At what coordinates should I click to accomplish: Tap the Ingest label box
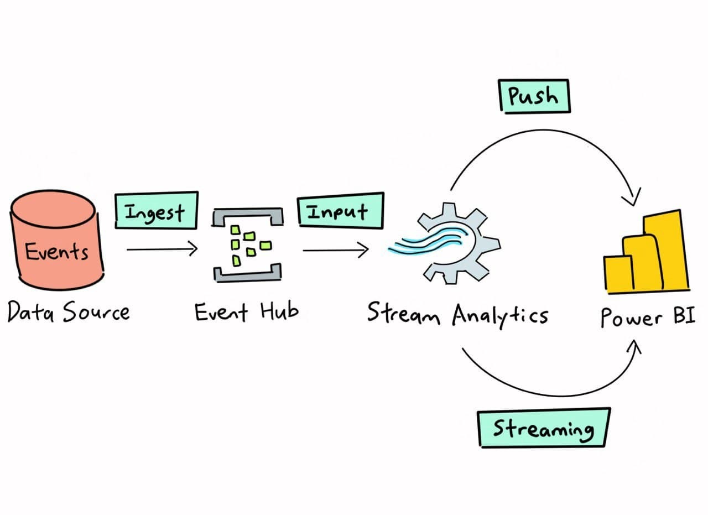coord(156,211)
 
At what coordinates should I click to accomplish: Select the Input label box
coord(340,210)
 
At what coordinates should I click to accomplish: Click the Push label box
coord(533,95)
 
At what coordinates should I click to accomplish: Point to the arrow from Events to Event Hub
coord(162,249)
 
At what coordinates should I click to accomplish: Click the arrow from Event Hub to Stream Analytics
coord(335,251)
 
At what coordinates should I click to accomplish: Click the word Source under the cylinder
coord(96,313)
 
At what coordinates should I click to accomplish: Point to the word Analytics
coord(499,316)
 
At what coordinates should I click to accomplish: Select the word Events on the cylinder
coord(56,252)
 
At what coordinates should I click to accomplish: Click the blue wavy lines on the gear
coord(426,243)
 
